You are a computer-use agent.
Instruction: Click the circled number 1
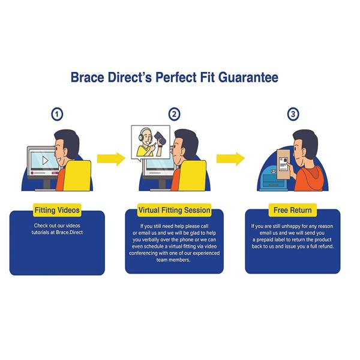click(x=57, y=114)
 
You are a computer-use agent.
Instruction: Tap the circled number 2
click(x=174, y=114)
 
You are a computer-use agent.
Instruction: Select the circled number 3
click(x=293, y=114)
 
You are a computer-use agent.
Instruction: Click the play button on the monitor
click(x=45, y=160)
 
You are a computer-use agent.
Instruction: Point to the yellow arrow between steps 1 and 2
click(x=111, y=158)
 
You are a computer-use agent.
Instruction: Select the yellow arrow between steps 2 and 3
click(x=230, y=158)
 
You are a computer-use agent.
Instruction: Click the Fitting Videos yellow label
click(x=57, y=210)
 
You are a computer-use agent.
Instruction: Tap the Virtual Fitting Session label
click(x=174, y=210)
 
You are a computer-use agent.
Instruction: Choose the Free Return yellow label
click(x=293, y=210)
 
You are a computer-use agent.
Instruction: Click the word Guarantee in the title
click(x=248, y=77)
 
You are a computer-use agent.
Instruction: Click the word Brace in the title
click(x=87, y=77)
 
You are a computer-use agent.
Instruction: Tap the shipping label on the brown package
click(x=284, y=164)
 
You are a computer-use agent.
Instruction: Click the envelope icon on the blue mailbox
click(x=273, y=171)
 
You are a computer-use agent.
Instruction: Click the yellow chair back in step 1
click(x=77, y=176)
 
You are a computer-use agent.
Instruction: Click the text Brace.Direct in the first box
click(x=70, y=232)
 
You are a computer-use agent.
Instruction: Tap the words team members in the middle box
click(x=173, y=260)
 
